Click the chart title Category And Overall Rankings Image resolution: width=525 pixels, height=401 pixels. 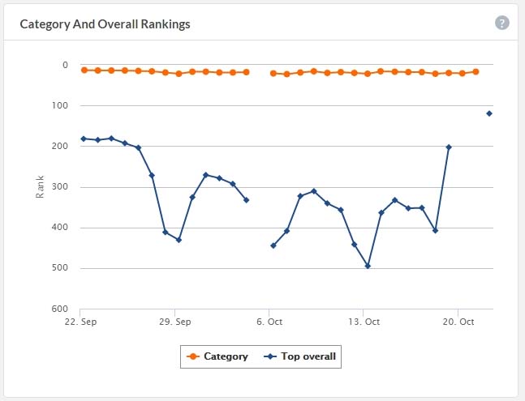[x=105, y=24]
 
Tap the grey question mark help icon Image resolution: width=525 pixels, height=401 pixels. [x=502, y=23]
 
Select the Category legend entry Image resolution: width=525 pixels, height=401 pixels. [x=217, y=356]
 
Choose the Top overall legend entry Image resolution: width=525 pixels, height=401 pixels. [x=300, y=356]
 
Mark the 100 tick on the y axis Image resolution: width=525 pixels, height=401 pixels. [x=61, y=105]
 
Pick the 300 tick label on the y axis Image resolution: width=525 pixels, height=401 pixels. [x=61, y=187]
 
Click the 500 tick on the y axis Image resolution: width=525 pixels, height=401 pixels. [x=61, y=268]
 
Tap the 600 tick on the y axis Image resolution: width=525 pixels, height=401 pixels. [x=61, y=309]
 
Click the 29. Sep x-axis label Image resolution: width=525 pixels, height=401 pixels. [x=176, y=322]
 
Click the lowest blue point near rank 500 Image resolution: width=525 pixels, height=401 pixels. [x=368, y=266]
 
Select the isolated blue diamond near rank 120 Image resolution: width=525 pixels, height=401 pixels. [x=489, y=113]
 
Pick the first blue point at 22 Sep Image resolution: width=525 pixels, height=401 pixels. [x=84, y=139]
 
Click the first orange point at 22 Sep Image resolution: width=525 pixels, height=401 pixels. [x=84, y=70]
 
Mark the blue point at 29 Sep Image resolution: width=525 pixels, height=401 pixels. [x=179, y=240]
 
